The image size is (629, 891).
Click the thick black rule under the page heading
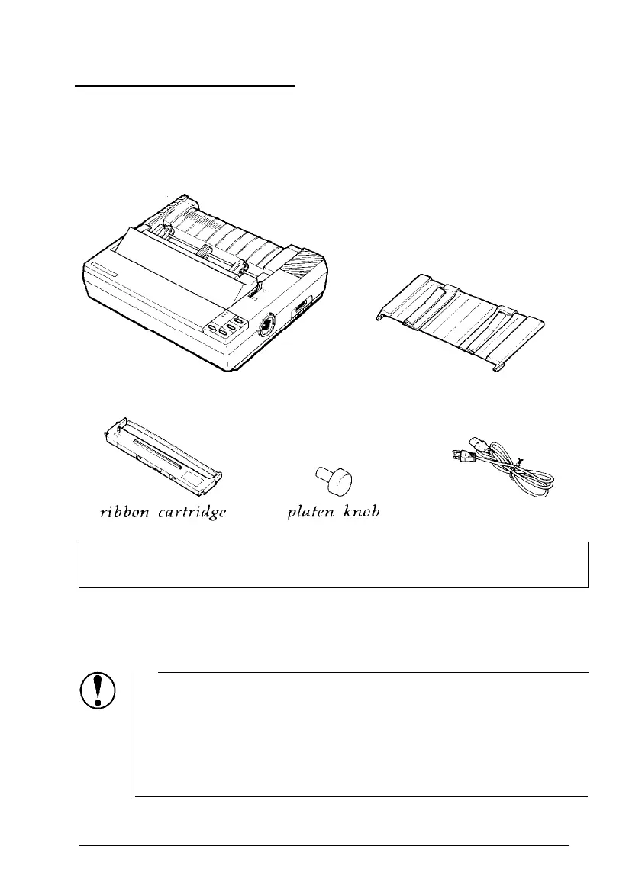(184, 86)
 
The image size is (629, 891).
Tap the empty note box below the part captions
(333, 565)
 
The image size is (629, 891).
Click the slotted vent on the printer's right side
(300, 308)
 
